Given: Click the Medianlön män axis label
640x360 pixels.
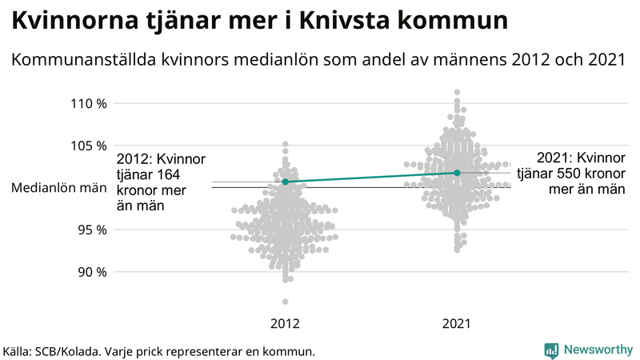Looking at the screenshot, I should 59,188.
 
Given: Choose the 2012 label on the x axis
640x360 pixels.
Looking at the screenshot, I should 286,324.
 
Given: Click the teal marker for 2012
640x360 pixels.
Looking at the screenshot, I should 286,182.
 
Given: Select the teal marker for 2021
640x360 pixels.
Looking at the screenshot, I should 457,173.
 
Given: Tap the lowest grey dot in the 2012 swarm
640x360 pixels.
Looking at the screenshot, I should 286,302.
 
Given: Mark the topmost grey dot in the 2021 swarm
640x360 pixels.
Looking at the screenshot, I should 457,93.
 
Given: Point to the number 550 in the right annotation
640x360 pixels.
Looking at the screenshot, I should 572,174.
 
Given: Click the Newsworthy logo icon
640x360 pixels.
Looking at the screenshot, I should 551,350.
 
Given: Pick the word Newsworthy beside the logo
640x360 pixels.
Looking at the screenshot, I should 596,350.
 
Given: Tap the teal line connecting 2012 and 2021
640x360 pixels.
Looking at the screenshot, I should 371,178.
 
